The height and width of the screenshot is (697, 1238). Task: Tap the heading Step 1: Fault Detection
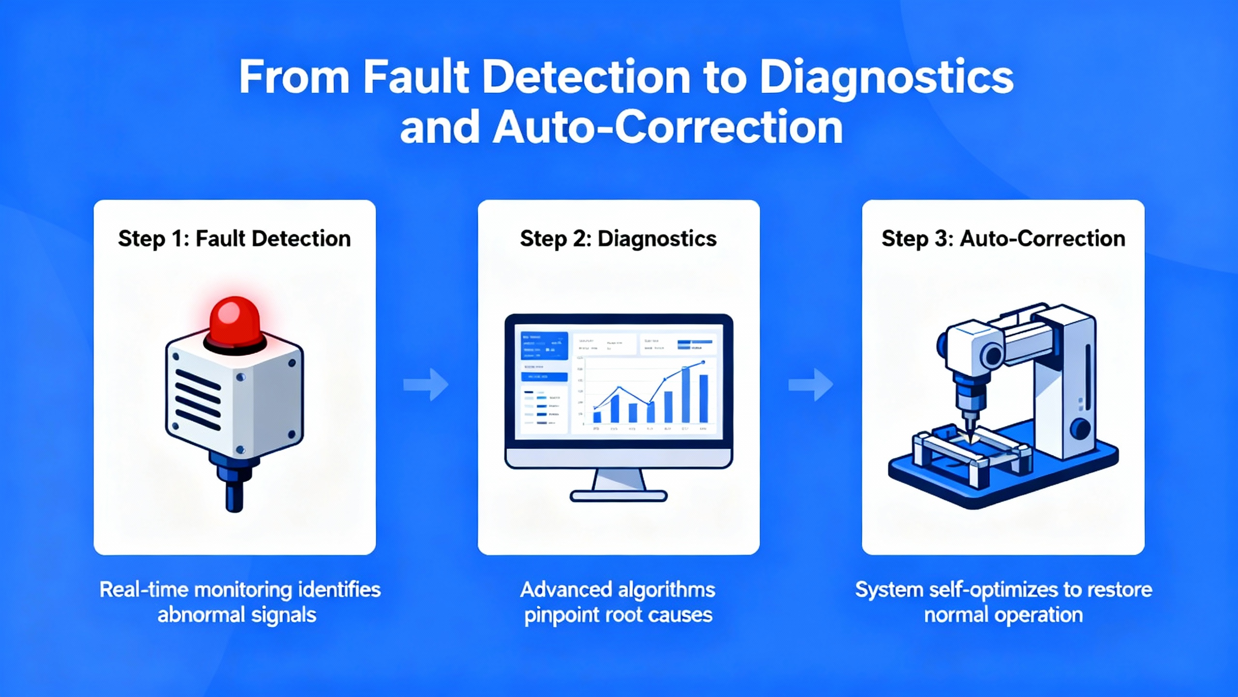tap(235, 239)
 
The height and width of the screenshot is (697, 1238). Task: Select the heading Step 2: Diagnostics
tap(619, 239)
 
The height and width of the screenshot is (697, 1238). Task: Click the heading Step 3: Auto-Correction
tap(1003, 239)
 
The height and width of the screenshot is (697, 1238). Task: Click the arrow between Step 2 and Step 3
tap(811, 385)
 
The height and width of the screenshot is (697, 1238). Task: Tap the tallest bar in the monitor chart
tap(686, 394)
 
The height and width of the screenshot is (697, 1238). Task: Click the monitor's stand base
tap(619, 496)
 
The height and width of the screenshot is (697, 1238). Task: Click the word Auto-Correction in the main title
tap(668, 128)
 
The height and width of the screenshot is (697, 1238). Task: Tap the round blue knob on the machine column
tap(1080, 429)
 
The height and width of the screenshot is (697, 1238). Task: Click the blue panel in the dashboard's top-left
tap(544, 346)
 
